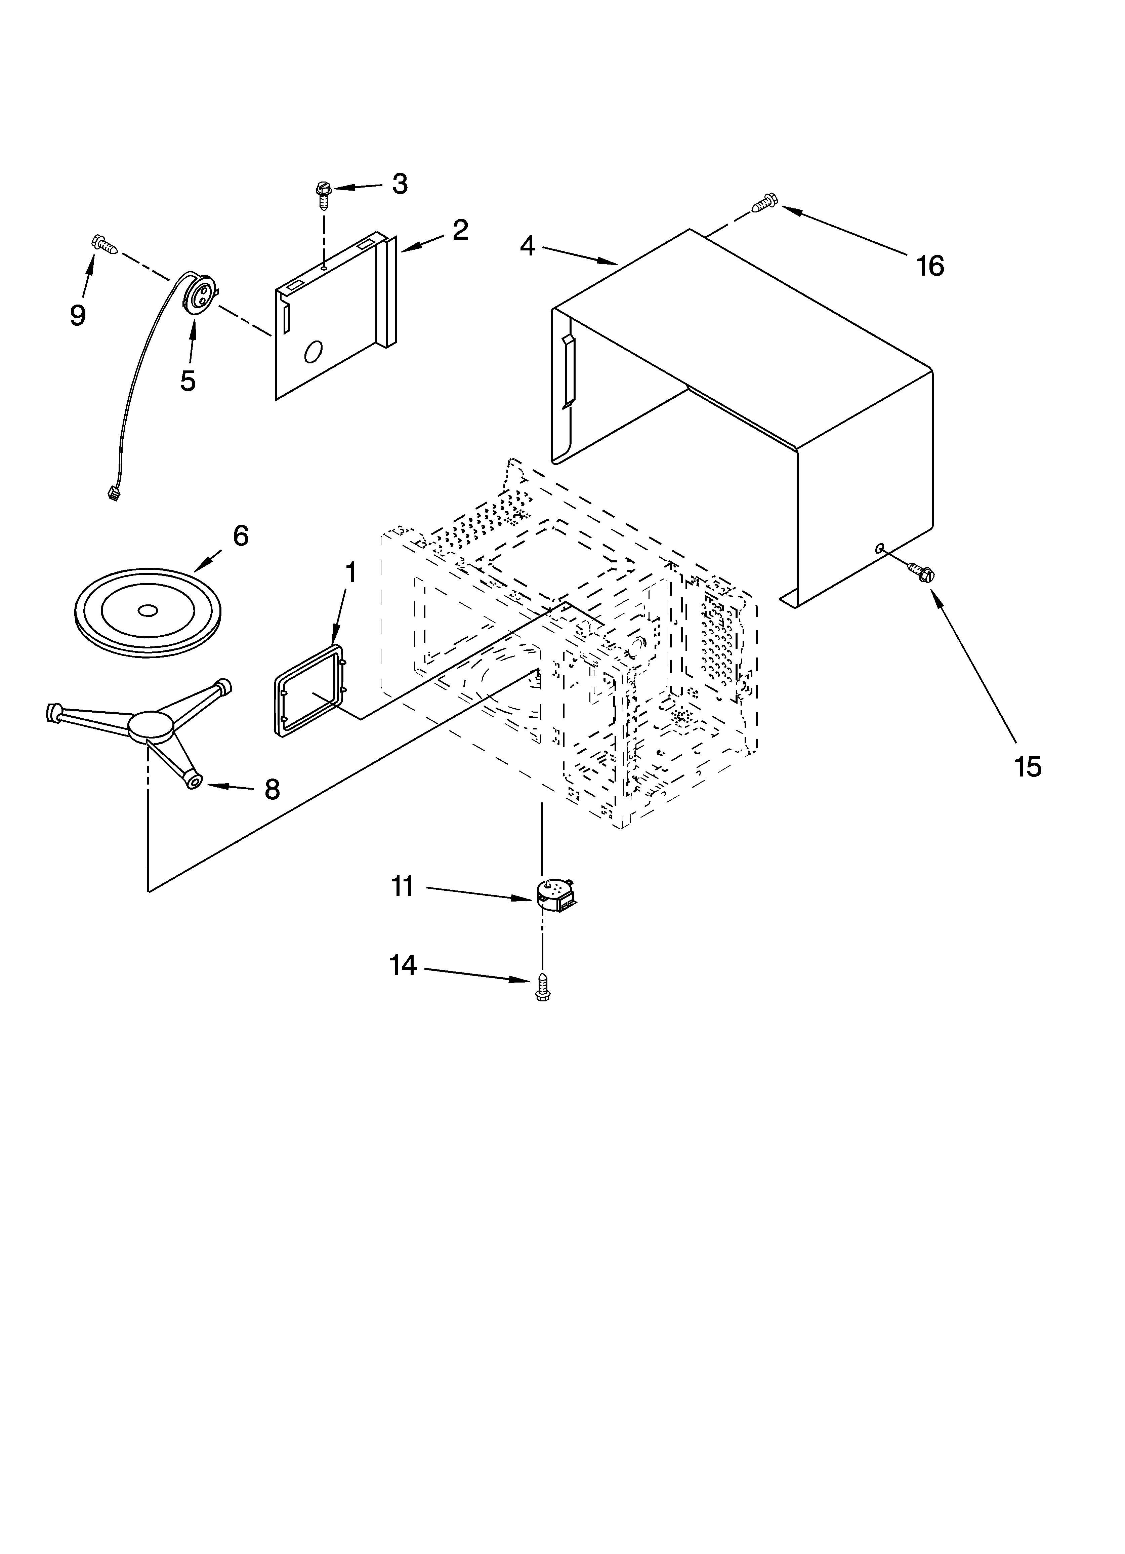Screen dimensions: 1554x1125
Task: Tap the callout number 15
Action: pos(1028,766)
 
